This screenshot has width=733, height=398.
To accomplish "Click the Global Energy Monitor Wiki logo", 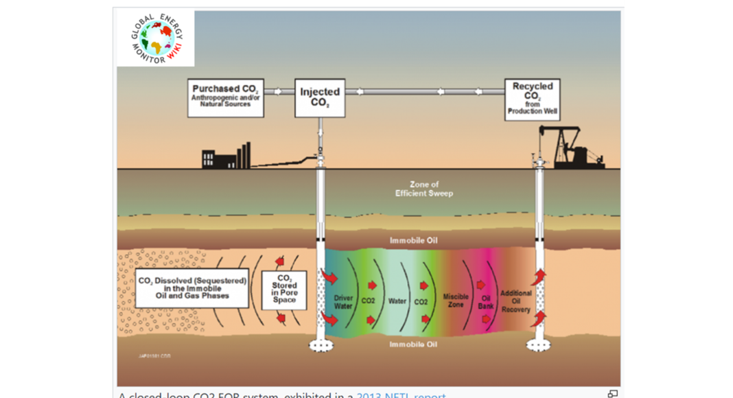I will (155, 38).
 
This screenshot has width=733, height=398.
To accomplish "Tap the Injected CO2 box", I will (319, 97).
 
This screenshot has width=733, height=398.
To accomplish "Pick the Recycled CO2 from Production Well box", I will (532, 100).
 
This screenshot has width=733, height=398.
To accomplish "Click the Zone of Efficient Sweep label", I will (423, 189).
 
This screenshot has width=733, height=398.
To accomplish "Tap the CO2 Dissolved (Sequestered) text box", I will (183, 290).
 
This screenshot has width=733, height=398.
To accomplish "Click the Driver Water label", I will (343, 302).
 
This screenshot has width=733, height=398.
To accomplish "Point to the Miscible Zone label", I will (456, 301).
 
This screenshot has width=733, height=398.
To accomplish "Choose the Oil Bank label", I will (486, 302).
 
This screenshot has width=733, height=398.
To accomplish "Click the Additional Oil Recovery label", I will (515, 301).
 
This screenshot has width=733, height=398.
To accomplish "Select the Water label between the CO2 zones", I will (397, 301).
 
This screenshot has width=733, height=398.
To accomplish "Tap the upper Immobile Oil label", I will (413, 241).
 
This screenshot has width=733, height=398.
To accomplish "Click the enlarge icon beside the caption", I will (613, 394).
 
